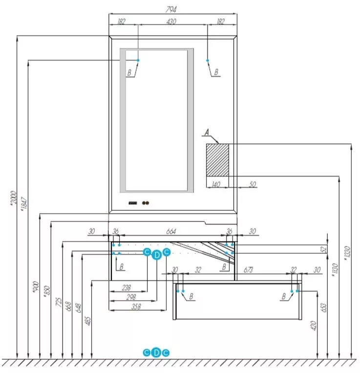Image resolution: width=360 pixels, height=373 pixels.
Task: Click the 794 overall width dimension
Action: click(x=170, y=9)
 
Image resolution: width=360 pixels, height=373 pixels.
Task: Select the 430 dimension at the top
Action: click(x=171, y=22)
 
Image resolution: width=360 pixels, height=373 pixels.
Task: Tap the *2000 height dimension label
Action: click(x=14, y=197)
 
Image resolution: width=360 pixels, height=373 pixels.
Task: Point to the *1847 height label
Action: click(x=24, y=204)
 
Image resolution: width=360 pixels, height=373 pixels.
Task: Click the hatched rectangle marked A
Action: click(x=217, y=160)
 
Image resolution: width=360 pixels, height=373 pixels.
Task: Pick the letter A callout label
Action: click(x=207, y=132)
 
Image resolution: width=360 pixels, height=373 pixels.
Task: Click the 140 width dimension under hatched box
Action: click(x=215, y=184)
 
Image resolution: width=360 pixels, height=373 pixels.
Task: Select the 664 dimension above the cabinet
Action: click(x=171, y=231)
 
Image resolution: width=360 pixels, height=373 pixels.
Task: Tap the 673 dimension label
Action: click(x=248, y=270)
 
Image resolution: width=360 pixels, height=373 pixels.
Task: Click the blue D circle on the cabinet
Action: click(x=157, y=255)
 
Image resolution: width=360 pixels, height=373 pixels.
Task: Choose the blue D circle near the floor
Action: click(x=156, y=352)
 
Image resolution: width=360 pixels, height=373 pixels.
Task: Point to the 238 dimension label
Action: click(x=126, y=287)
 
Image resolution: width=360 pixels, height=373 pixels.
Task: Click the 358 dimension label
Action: click(x=136, y=307)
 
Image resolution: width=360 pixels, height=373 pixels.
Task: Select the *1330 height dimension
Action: click(x=347, y=253)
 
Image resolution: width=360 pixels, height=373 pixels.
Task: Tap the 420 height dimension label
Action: click(x=314, y=326)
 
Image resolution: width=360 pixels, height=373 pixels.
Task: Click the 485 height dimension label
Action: click(x=88, y=321)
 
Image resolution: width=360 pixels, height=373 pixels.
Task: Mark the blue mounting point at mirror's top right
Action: click(x=208, y=61)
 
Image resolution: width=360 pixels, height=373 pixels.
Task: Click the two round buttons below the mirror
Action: click(x=146, y=203)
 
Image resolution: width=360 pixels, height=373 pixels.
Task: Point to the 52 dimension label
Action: click(x=323, y=249)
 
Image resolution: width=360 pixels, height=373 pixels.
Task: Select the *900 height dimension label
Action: click(x=35, y=286)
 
